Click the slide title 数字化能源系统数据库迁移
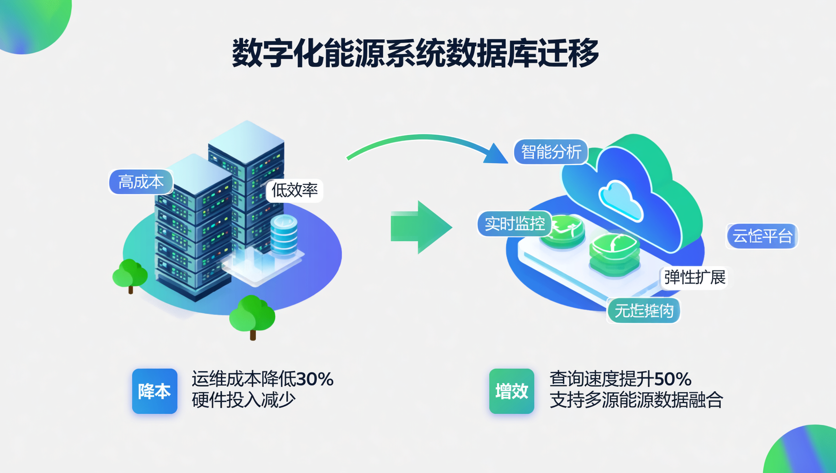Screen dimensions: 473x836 (x=416, y=53)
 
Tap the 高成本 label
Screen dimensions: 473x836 (x=141, y=182)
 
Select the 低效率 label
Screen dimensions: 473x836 (x=295, y=190)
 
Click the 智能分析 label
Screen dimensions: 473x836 (x=551, y=152)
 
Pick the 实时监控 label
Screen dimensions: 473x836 (x=515, y=224)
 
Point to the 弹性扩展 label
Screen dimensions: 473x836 (x=695, y=277)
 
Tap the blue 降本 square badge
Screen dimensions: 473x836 (x=154, y=391)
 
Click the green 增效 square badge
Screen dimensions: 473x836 (x=512, y=391)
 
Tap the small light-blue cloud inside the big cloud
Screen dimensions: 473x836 (x=620, y=200)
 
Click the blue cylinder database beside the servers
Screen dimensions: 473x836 (x=284, y=235)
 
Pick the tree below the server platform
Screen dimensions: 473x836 (x=252, y=315)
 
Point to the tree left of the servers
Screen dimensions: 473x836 (x=130, y=274)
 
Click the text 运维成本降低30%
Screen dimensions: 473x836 (x=262, y=379)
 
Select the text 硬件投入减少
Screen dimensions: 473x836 (x=244, y=400)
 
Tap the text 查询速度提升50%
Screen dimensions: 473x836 (x=620, y=379)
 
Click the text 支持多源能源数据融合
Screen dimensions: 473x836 (x=636, y=400)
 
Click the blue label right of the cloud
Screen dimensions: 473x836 (x=762, y=236)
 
